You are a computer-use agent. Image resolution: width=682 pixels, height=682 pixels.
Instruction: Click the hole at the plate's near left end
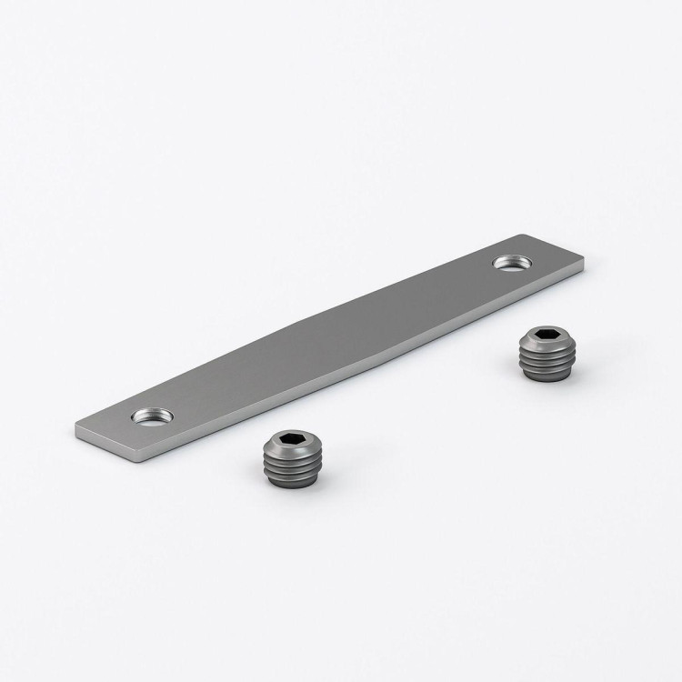pos(152,417)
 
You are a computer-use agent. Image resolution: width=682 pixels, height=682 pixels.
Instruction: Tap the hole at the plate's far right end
pos(513,263)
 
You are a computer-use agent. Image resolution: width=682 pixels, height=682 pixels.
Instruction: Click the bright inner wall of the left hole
pos(152,413)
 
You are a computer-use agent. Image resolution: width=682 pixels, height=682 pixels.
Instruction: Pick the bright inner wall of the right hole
pos(512,259)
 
